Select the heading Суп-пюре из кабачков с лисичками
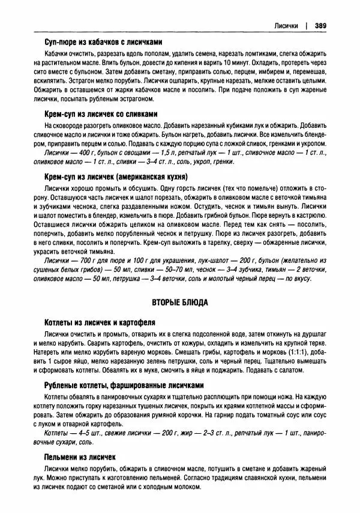(103, 42)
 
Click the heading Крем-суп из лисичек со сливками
(101, 114)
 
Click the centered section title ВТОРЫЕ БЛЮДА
(179, 303)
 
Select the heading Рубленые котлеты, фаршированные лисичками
(124, 385)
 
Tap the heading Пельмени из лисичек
(79, 457)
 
